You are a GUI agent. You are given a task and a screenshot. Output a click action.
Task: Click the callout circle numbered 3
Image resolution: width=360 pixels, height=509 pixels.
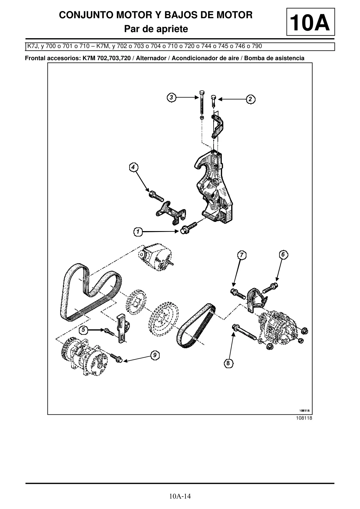[172, 97]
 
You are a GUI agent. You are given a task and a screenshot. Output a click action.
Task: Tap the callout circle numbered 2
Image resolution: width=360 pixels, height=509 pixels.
[251, 99]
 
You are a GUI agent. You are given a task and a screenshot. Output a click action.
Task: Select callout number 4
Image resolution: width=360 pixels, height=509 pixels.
[133, 167]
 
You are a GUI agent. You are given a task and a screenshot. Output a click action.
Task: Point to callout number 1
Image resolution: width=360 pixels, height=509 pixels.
[138, 232]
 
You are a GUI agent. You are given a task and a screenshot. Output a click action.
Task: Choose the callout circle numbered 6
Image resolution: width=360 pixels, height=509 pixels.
[283, 254]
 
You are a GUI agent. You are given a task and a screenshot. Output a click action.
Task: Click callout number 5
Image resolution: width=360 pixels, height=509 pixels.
[83, 330]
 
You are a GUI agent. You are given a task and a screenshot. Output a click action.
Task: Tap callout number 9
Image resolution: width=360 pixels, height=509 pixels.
[155, 355]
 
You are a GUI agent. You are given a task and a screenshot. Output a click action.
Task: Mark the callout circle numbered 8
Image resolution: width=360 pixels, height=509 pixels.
[228, 363]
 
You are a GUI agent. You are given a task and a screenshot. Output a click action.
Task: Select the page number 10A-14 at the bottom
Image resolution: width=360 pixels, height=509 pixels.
[180, 496]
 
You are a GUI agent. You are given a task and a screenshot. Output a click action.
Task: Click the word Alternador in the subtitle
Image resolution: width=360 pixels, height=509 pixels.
[151, 58]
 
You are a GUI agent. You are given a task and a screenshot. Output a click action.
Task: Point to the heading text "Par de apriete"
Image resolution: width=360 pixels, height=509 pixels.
[156, 29]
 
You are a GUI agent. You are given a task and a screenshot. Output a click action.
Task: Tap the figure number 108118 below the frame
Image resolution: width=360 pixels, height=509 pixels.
[304, 418]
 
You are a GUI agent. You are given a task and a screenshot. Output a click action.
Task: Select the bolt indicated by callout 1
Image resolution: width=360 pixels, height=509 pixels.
[188, 228]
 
